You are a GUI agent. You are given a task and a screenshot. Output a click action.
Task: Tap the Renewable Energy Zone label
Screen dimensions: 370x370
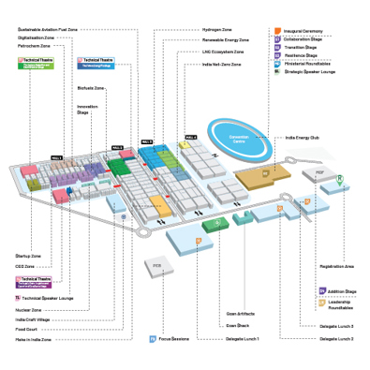click(x=225, y=40)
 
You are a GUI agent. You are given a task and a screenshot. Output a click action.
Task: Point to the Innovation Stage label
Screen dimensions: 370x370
click(x=86, y=110)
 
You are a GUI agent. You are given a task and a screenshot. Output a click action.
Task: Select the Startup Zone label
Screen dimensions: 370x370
click(x=29, y=255)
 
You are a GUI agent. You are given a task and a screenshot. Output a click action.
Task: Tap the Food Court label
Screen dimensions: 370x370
click(x=27, y=329)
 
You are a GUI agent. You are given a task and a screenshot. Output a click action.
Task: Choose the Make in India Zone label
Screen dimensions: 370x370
click(x=33, y=339)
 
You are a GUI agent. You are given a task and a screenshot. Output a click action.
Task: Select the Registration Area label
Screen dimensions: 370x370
click(x=336, y=267)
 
